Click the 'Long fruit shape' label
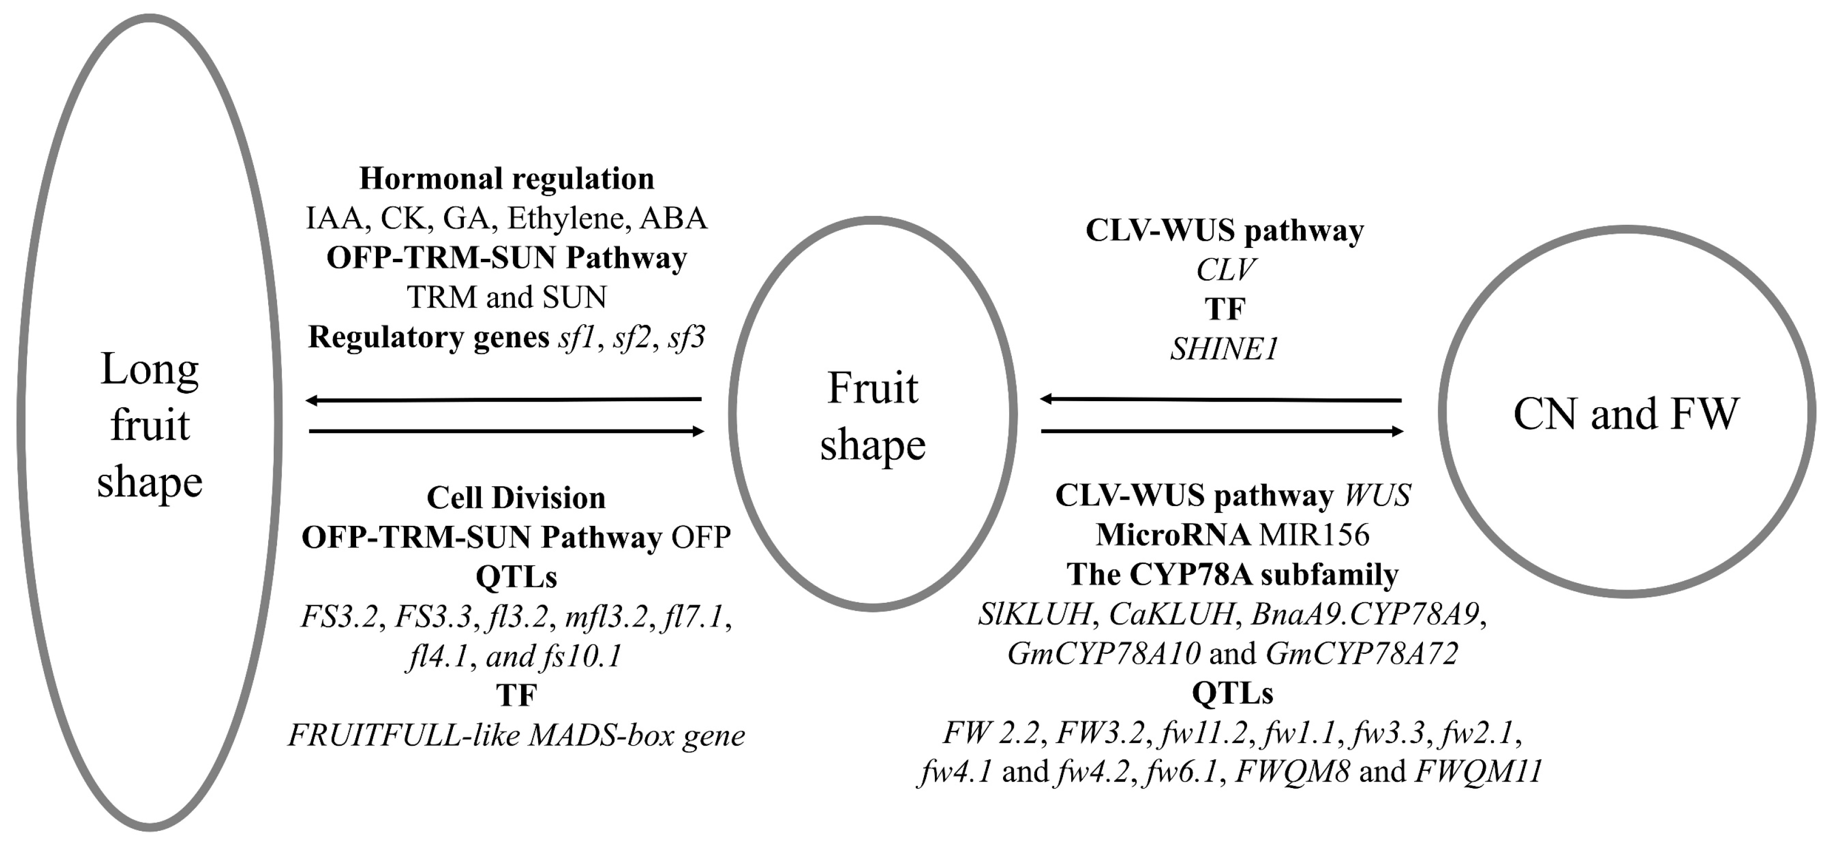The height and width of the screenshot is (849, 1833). [x=149, y=425]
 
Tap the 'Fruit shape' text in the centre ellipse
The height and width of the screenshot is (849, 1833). [x=872, y=417]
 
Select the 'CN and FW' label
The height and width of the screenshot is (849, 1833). [x=1626, y=413]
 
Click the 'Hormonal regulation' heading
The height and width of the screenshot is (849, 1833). [x=507, y=179]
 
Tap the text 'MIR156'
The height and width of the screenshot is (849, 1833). [x=1314, y=535]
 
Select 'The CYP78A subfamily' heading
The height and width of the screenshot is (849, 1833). [x=1232, y=574]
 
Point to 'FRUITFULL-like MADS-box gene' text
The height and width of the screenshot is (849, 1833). [x=516, y=735]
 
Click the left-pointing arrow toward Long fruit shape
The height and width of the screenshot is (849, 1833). [x=504, y=400]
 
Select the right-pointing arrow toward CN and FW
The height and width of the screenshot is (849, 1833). [x=1221, y=431]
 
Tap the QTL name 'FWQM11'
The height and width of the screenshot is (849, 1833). [x=1478, y=772]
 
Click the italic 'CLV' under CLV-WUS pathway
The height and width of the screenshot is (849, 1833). [x=1225, y=270]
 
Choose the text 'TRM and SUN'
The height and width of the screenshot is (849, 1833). [x=507, y=297]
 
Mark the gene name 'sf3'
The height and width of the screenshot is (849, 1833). [x=686, y=337]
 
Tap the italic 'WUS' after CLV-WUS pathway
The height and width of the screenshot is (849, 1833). [x=1377, y=495]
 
